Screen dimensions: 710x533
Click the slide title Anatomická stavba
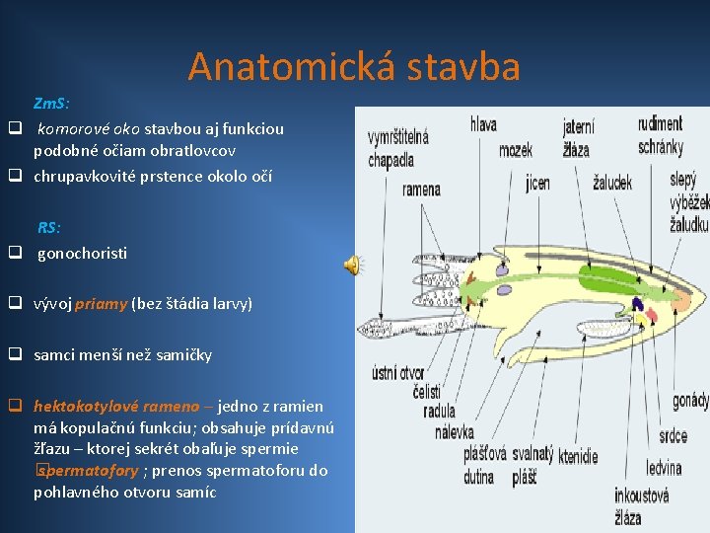tap(354, 66)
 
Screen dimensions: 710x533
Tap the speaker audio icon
tap(351, 264)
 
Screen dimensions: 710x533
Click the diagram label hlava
tap(483, 125)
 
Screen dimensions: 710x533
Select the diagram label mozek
tap(515, 150)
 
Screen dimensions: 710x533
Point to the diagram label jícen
tap(538, 183)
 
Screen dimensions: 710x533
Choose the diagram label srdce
tap(674, 435)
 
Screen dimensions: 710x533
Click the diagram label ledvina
tap(665, 468)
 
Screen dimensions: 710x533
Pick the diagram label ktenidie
tap(576, 457)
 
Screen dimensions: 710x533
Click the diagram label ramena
tap(421, 189)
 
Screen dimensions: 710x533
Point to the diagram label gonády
tap(690, 401)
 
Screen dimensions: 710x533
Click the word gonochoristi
tap(82, 253)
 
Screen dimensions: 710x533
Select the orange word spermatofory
tap(90, 471)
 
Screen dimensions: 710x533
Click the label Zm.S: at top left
tap(51, 103)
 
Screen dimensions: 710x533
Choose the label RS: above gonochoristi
tap(49, 228)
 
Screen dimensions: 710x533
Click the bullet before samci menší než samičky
tap(16, 355)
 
